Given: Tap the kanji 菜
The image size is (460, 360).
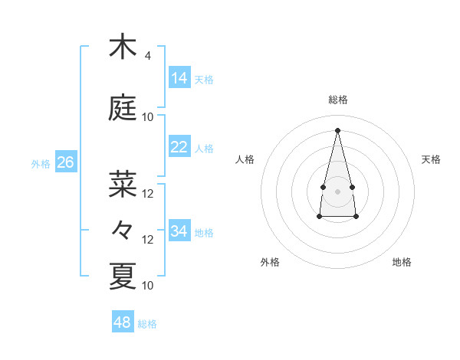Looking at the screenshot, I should [x=123, y=184].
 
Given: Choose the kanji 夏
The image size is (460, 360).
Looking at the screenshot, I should [x=123, y=276].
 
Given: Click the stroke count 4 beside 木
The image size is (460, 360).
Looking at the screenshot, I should [x=147, y=56].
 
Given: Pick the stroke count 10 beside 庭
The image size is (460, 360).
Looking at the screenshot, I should [x=148, y=117].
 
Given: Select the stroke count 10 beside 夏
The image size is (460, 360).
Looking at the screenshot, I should [x=148, y=286].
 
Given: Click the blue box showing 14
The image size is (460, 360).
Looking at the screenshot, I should [x=179, y=78].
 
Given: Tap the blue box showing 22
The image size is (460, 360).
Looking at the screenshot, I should [x=179, y=147].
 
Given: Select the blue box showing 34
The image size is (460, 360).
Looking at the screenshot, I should [x=179, y=231].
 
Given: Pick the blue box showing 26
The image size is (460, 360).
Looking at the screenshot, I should [x=65, y=162].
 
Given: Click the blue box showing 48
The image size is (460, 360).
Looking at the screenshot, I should [x=123, y=322].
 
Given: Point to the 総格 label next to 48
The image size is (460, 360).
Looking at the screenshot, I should [x=147, y=324].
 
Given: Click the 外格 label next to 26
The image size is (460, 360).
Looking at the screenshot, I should [x=41, y=164].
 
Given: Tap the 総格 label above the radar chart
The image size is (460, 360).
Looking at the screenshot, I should [x=337, y=100].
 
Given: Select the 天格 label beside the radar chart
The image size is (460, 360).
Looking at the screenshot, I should [x=432, y=159].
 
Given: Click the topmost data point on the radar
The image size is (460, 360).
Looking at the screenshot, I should [x=337, y=130].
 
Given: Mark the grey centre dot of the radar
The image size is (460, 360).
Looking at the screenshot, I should [x=337, y=191].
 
